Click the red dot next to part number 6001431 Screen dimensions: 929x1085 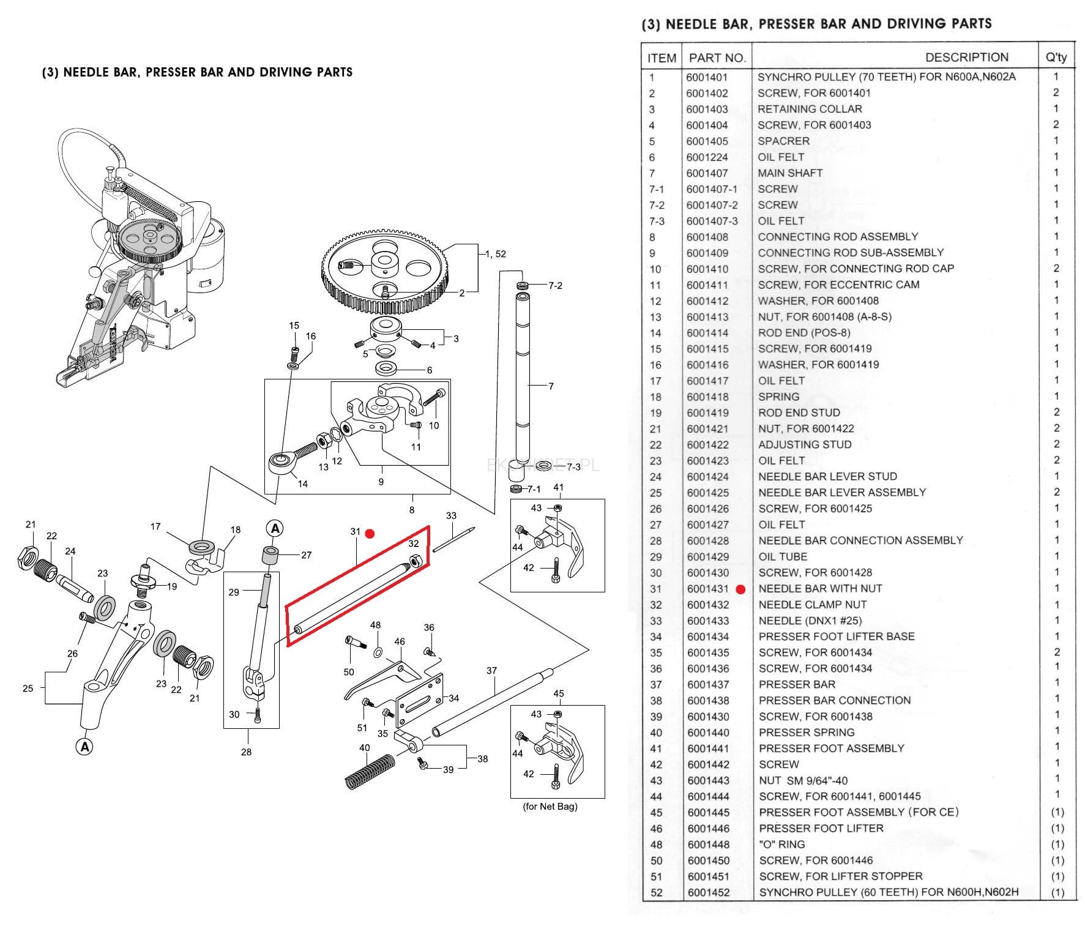point(740,589)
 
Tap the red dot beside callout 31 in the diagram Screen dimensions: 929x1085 point(370,534)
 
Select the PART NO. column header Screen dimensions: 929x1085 point(717,58)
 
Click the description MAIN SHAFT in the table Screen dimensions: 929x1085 point(789,173)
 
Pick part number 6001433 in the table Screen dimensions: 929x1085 point(707,621)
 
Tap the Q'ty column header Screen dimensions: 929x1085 point(1056,58)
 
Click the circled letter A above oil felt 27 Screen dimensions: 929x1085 point(275,529)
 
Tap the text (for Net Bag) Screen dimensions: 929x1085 point(550,807)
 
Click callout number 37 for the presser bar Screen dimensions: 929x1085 point(491,671)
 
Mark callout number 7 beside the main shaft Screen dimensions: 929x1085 point(551,386)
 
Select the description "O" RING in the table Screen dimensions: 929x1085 point(781,845)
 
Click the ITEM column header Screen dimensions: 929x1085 point(662,58)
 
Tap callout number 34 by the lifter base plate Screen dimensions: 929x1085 point(453,698)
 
